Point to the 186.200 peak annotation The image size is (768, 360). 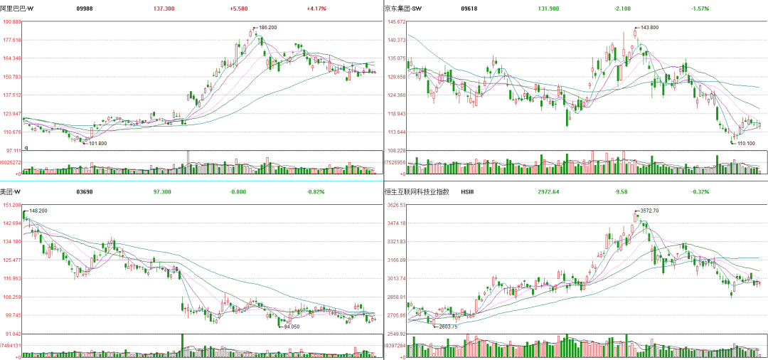(267, 28)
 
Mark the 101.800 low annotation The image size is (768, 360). (97, 144)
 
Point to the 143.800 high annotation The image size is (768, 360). (649, 28)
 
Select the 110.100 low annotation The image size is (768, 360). (746, 144)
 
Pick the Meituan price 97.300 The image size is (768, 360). (162, 192)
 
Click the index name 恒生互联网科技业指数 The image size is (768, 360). (417, 192)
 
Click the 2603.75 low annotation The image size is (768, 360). (449, 327)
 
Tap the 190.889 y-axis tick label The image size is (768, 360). (11, 22)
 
